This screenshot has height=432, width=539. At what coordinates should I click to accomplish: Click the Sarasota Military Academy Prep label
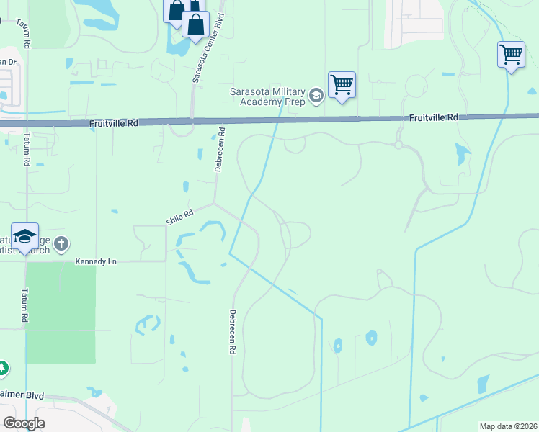(x=267, y=96)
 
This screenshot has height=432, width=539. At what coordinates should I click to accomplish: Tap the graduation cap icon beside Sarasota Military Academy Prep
(x=316, y=95)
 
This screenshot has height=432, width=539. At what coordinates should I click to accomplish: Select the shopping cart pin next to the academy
(x=342, y=84)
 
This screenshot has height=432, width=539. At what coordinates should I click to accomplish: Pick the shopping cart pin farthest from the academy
(x=511, y=55)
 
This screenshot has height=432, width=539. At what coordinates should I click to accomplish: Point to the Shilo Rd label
(x=180, y=217)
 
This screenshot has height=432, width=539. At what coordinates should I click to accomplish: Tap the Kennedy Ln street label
(x=96, y=261)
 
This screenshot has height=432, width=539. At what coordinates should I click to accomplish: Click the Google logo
(x=24, y=423)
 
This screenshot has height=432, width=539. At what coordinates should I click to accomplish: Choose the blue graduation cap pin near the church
(x=24, y=237)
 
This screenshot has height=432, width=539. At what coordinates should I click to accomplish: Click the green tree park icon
(x=2, y=368)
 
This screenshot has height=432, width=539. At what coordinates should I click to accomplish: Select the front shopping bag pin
(x=195, y=24)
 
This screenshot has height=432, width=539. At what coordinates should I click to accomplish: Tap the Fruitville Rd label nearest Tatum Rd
(x=114, y=123)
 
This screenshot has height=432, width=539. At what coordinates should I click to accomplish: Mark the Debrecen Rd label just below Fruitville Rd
(x=220, y=150)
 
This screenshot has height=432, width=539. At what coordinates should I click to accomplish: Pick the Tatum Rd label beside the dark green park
(x=24, y=307)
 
